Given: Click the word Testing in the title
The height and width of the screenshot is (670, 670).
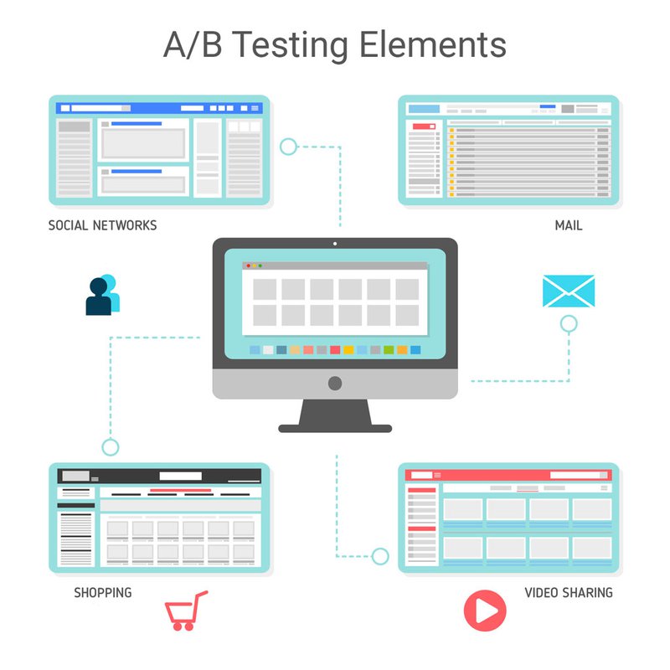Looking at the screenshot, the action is point(291,45).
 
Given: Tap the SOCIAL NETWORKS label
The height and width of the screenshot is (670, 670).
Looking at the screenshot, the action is point(102,225).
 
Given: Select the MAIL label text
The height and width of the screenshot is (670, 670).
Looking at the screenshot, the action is point(569,225).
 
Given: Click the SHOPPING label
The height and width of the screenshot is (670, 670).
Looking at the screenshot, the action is point(103,593).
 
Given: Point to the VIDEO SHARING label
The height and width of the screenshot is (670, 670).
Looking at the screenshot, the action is point(569,593).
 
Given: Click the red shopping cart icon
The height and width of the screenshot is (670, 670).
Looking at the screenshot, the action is point(186,611).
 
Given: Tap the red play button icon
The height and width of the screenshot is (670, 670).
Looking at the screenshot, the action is point(485,611).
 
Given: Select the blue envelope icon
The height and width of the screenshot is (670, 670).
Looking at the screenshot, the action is point(569,291).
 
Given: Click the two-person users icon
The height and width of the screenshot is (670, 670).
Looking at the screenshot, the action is point(103,295).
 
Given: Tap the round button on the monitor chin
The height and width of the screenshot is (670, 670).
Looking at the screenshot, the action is point(335,384).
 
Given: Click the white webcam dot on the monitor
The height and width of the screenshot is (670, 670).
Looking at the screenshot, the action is point(335,244).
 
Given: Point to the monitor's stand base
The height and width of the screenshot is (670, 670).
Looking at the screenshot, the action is point(335,428).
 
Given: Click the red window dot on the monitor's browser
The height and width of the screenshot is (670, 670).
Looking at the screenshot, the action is point(248,265).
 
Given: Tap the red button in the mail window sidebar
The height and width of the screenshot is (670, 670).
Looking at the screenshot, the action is point(424,126).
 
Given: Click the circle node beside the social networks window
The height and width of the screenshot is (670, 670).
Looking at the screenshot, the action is point(288,147).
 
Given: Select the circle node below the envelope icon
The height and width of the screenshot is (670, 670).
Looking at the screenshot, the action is point(569,324).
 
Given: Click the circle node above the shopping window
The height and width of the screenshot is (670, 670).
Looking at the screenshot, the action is point(111,447).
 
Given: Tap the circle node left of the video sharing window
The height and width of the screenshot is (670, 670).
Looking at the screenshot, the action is point(380,556).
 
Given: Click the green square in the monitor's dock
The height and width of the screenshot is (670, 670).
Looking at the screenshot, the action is point(389,350).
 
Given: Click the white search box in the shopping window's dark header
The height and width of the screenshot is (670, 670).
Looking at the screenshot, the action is point(180,476).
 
